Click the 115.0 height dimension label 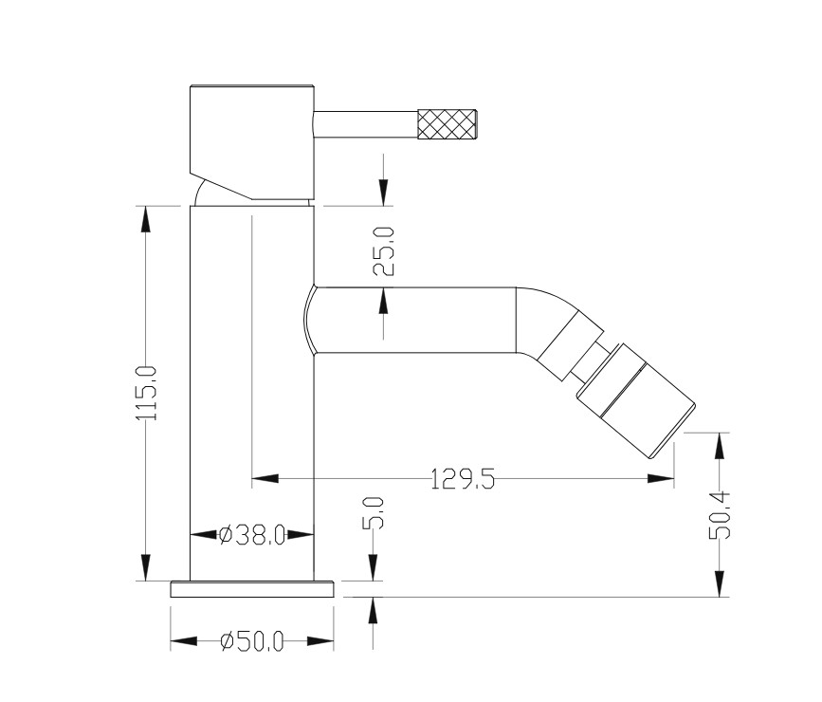[x=146, y=392]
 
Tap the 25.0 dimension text [x=384, y=250]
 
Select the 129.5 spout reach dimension [x=463, y=479]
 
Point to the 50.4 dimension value [x=719, y=515]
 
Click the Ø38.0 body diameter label [x=251, y=535]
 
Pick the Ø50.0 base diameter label [x=251, y=641]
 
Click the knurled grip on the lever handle [x=448, y=125]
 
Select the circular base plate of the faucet [x=252, y=589]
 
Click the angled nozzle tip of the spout [x=636, y=401]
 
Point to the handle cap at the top [x=251, y=141]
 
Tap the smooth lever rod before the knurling [x=365, y=125]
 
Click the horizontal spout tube [x=414, y=320]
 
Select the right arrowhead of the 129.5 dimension [x=661, y=478]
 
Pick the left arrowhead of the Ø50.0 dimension [x=184, y=641]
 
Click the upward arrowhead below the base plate [x=374, y=610]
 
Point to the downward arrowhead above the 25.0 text [x=384, y=193]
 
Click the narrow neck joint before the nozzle [x=588, y=362]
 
